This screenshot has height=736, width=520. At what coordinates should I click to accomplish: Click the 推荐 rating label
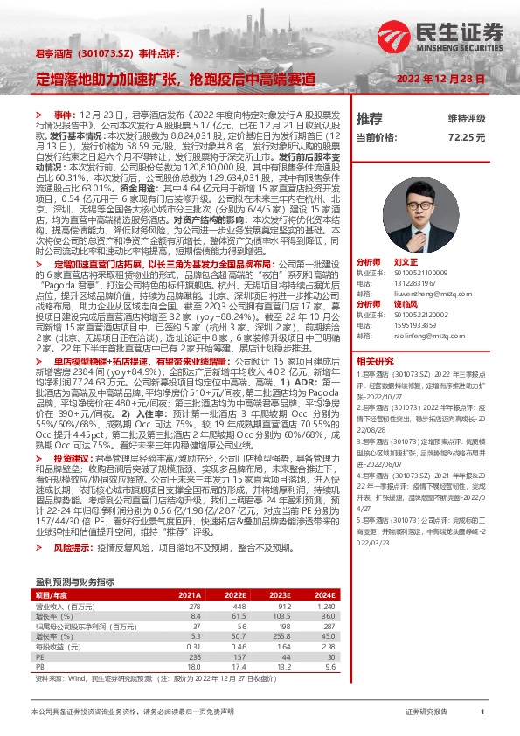pyautogui.click(x=370, y=118)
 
